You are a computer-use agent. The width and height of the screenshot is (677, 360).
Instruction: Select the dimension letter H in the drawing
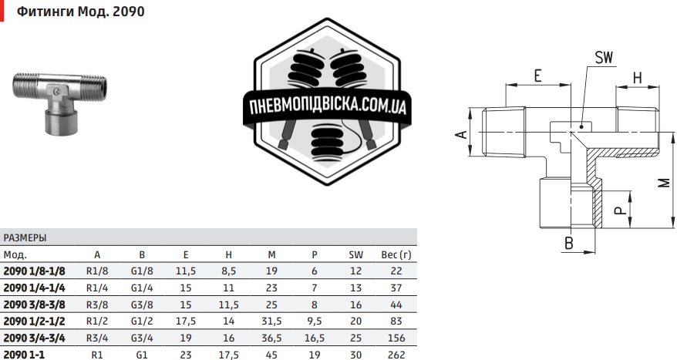(x=637, y=77)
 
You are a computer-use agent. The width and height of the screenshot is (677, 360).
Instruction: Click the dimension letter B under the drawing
(x=569, y=243)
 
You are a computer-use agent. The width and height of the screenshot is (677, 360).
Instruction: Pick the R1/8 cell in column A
(x=97, y=271)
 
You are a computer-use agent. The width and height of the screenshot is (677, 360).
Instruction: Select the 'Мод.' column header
(x=15, y=254)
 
